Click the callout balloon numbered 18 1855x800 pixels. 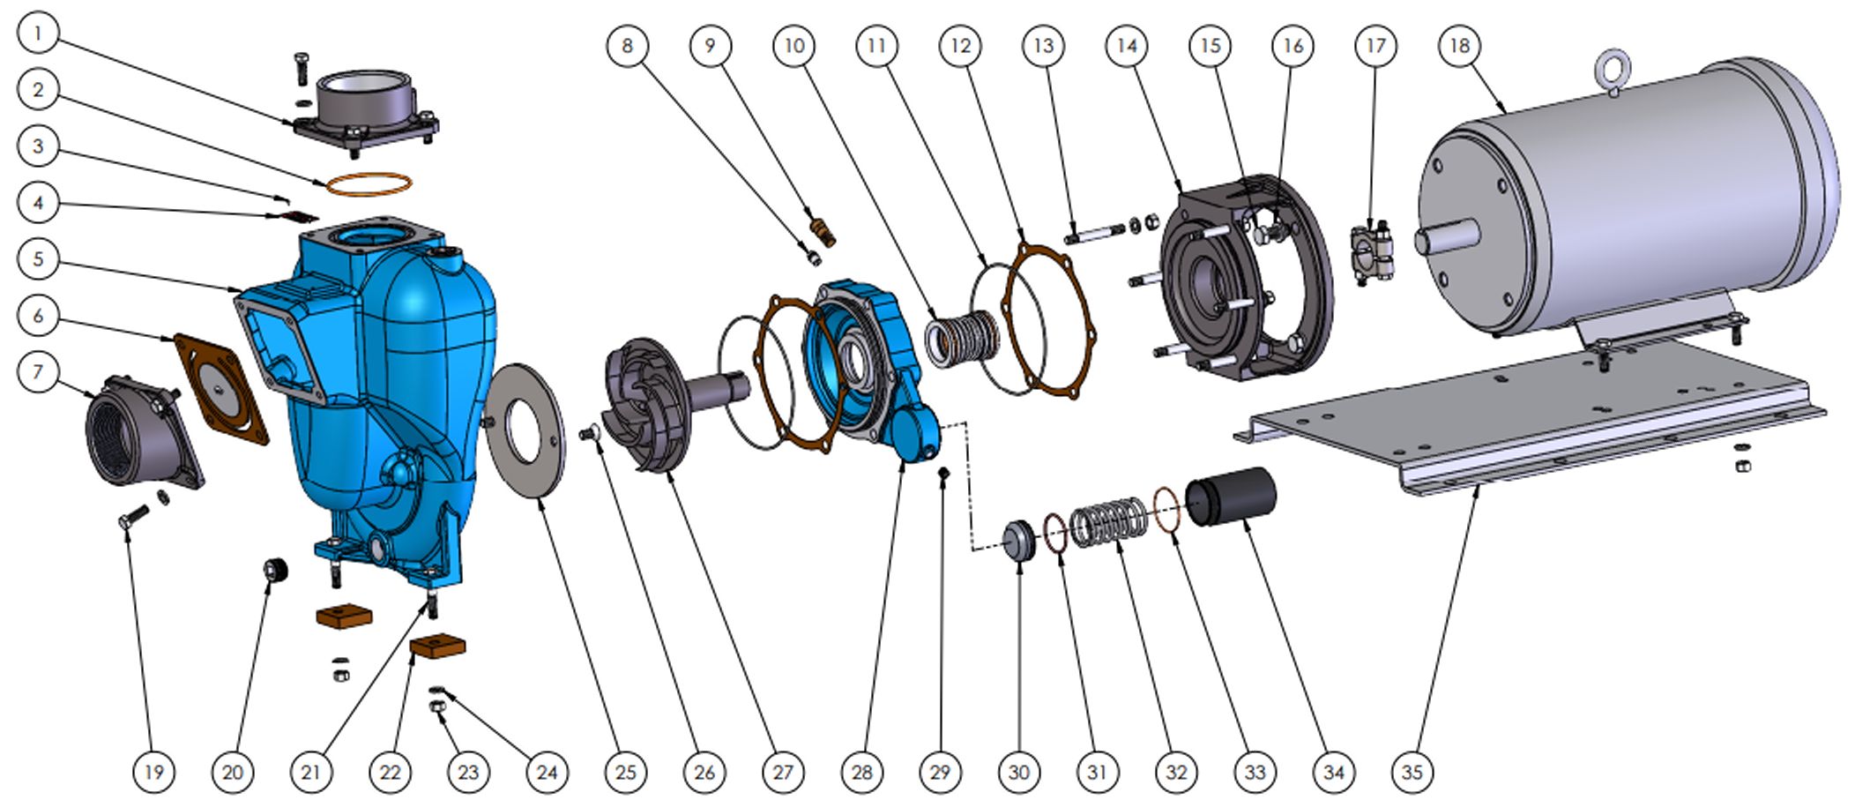[x=1459, y=46]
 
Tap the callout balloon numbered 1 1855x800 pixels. [x=38, y=34]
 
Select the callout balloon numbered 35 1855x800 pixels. [x=1412, y=772]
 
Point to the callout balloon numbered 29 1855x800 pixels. [x=940, y=772]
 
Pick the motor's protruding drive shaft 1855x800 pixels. [x=1446, y=237]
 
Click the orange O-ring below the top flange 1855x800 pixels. [x=369, y=184]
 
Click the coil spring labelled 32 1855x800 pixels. [x=1109, y=523]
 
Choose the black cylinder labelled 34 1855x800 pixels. [x=1231, y=497]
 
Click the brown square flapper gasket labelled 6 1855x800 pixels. [x=220, y=388]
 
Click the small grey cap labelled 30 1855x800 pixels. [x=1020, y=540]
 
